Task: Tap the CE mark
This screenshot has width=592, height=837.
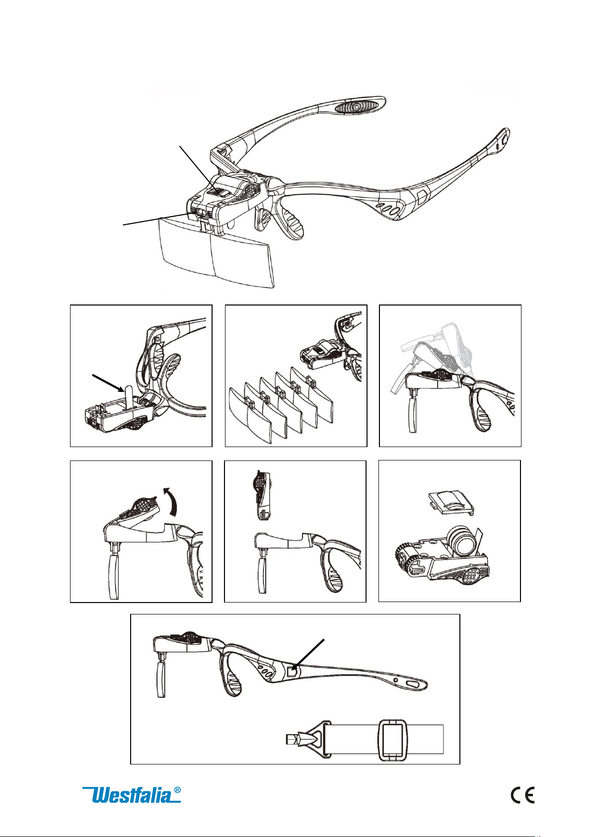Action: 522,794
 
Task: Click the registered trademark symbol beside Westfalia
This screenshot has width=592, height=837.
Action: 177,789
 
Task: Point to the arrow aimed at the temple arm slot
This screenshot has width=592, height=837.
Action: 308,655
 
